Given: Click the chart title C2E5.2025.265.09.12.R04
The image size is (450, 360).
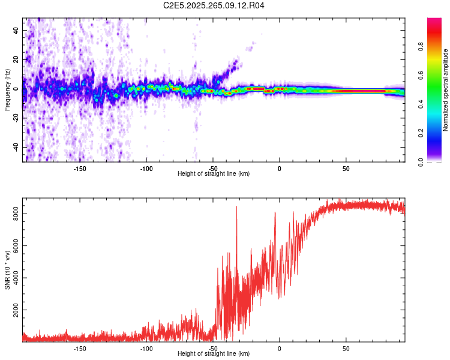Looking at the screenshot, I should [214, 5].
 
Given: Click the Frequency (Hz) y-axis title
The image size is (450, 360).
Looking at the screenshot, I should [7, 90].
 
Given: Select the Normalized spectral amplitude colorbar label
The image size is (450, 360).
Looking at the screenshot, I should [446, 90].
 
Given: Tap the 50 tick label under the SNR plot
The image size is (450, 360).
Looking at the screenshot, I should [346, 348].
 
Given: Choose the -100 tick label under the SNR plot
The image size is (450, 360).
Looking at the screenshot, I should [146, 348].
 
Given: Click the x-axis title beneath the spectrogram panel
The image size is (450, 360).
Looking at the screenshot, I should [214, 174].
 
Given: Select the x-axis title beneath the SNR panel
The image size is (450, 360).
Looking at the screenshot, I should [214, 354].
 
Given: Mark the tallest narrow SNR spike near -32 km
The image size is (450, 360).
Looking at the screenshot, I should [236, 208].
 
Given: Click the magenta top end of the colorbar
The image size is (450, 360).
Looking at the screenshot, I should [434, 21].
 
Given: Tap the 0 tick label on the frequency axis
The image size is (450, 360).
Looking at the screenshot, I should [18, 89].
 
